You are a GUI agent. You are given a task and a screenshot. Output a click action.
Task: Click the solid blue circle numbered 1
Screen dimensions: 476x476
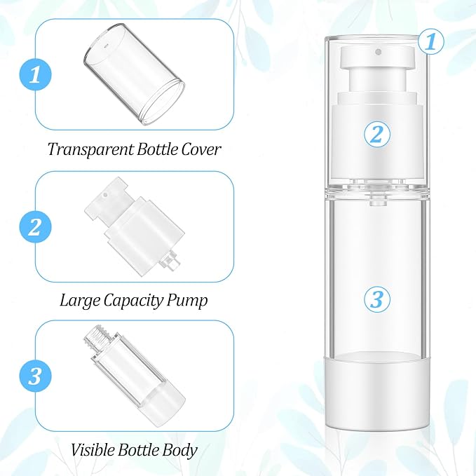35,75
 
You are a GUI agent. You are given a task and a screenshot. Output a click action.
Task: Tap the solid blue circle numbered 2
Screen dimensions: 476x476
35,226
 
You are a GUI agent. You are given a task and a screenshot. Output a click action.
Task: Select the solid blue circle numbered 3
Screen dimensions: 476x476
35,376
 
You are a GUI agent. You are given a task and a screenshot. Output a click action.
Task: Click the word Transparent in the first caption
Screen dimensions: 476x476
90,149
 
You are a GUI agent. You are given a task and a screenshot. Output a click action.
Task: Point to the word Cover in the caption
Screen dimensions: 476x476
200,149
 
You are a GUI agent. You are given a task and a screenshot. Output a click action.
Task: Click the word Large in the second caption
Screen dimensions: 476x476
80,301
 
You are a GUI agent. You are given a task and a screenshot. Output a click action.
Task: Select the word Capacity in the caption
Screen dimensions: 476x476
133,301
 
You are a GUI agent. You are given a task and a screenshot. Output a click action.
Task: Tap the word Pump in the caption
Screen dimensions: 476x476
187,301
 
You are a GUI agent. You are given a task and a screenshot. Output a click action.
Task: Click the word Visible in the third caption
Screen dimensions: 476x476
93,449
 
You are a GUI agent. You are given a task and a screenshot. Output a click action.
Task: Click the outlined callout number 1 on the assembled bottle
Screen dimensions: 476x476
431,41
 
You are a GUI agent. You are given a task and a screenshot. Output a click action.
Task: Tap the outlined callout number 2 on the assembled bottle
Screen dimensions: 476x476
377,134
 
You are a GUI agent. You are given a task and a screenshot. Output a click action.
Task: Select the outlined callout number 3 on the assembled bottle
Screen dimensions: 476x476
377,299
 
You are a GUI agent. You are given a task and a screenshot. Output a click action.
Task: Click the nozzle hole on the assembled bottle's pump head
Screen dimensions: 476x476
378,52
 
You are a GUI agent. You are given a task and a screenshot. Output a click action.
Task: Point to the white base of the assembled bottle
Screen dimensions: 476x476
377,391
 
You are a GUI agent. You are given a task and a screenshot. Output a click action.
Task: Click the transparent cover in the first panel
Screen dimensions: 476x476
134,75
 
